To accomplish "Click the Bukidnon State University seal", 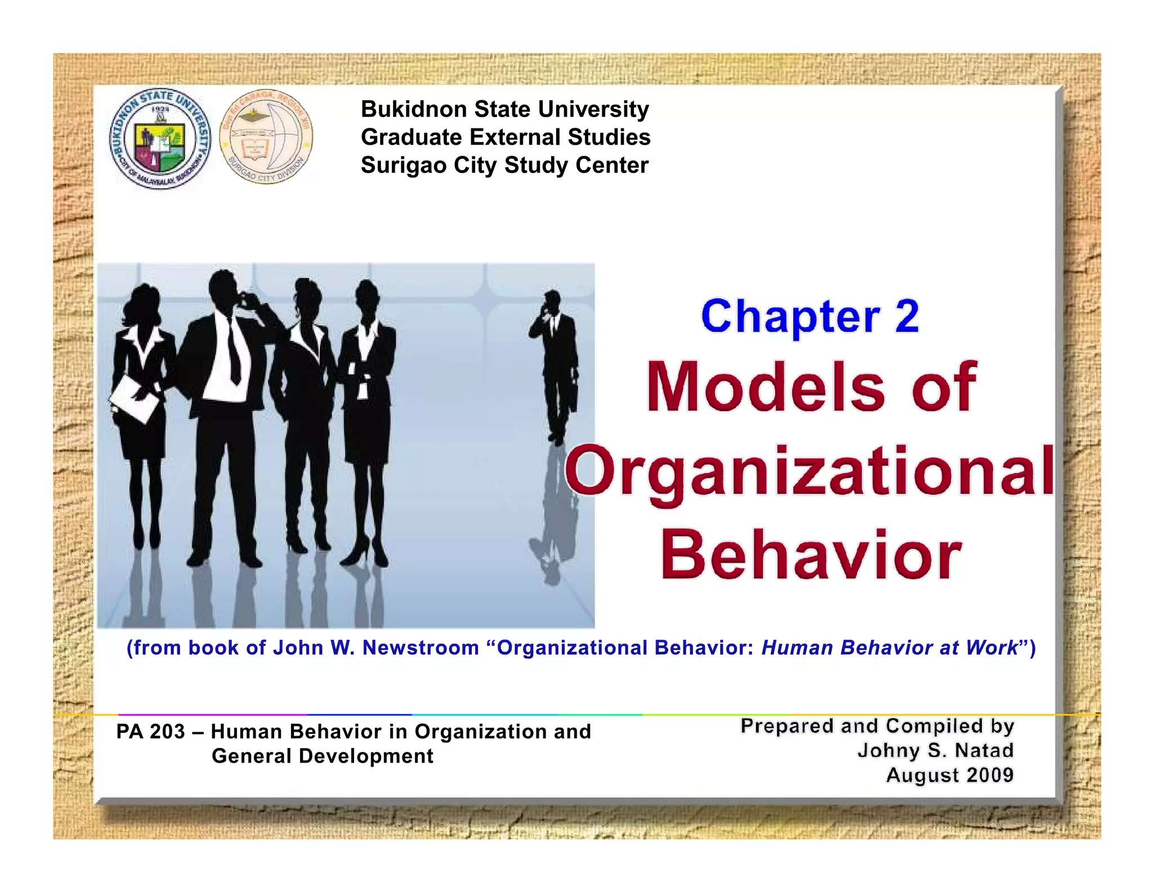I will [x=160, y=139].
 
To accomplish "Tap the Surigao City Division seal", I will [x=266, y=137].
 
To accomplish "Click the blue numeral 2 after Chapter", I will [x=906, y=316].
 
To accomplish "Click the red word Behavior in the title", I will [x=811, y=555].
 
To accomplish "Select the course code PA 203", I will [x=150, y=732].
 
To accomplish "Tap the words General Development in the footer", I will [x=323, y=756].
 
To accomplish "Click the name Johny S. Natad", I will [x=935, y=751].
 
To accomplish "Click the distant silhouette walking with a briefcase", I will [x=554, y=366].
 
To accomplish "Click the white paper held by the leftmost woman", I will [x=134, y=399].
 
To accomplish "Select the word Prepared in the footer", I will [x=786, y=726].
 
